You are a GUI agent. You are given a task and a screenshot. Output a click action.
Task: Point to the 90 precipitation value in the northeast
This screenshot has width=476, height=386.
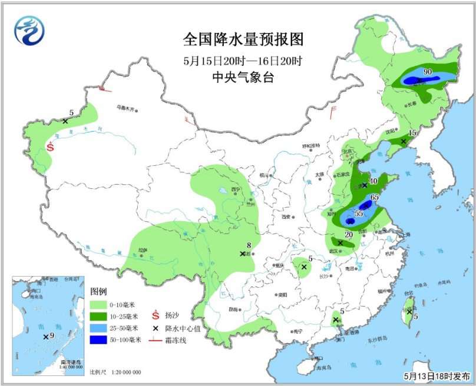click(x=428, y=72)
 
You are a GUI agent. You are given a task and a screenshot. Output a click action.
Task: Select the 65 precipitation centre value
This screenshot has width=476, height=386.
click(x=375, y=197)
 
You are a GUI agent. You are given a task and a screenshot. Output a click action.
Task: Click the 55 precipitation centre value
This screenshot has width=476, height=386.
click(x=359, y=214)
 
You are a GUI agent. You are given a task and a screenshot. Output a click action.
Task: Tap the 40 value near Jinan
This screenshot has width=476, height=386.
click(x=373, y=181)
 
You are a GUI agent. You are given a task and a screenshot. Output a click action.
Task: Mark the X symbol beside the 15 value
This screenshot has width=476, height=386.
click(x=404, y=141)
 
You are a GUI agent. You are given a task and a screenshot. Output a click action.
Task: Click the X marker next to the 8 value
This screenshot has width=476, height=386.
click(x=242, y=254)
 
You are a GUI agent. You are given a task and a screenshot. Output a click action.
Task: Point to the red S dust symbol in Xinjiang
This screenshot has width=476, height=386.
click(x=51, y=147)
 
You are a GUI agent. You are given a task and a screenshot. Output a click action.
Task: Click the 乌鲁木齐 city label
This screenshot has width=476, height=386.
click(x=125, y=108)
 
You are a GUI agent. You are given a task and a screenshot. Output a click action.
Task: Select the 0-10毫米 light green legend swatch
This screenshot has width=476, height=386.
click(x=101, y=305)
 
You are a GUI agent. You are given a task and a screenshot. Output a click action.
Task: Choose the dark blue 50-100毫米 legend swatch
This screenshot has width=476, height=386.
click(x=101, y=340)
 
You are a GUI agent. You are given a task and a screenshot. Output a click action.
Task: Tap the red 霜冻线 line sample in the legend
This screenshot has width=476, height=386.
click(x=156, y=340)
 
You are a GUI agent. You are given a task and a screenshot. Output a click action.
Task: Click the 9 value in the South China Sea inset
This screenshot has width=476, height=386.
click(x=52, y=335)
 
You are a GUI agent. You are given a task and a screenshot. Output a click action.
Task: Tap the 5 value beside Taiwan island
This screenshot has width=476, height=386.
click(x=416, y=317)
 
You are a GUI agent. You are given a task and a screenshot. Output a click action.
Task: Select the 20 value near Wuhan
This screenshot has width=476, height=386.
click(x=348, y=235)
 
